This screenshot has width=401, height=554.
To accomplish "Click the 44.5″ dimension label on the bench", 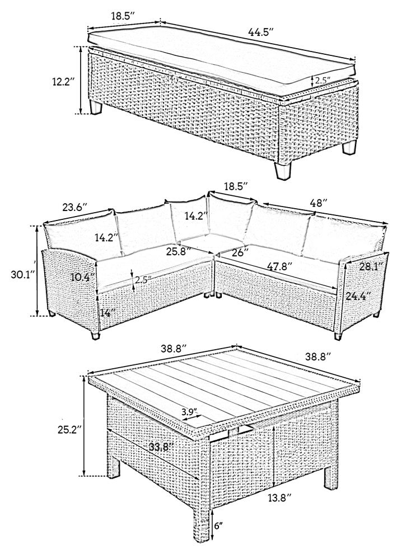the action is coord(261,32).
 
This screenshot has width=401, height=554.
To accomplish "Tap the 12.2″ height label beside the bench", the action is coord(63,82).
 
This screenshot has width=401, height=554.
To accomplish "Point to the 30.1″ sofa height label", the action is coord(23,274).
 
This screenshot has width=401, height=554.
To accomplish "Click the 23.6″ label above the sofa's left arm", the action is coord(74,207).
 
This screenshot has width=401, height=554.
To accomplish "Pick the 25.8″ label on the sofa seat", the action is coord(179,252).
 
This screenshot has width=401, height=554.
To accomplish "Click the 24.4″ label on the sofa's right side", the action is coord(358,295).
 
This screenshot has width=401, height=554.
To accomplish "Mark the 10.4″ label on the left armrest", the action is coord(83,278).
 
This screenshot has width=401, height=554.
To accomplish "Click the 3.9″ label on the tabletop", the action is coord(189,412).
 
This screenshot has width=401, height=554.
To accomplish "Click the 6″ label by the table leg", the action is coord(218,525).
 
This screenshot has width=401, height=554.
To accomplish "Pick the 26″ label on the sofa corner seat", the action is coord(240,252).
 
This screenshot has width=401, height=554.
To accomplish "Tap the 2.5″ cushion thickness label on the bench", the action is coord(322,80).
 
